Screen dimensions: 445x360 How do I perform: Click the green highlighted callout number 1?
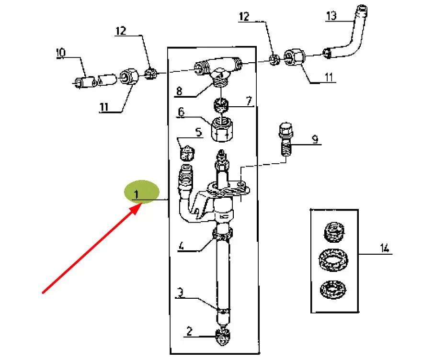click(x=137, y=195)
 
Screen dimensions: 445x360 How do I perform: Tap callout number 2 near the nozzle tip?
click(x=189, y=331)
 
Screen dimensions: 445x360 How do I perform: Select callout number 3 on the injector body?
click(x=180, y=292)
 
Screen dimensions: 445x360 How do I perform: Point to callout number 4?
click(x=181, y=245)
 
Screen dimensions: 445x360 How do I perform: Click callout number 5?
click(x=198, y=132)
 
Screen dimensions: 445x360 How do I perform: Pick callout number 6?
click(x=181, y=112)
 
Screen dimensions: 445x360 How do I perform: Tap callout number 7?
click(x=249, y=101)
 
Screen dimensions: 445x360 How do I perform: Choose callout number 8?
click(x=179, y=91)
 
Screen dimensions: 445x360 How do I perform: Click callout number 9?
click(x=315, y=139)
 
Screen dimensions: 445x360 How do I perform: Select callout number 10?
click(x=61, y=53)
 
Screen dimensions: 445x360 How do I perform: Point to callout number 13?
click(x=331, y=16)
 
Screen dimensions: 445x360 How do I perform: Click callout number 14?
click(x=384, y=248)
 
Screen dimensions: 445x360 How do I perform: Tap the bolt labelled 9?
click(x=286, y=139)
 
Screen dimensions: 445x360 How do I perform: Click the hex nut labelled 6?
click(x=223, y=129)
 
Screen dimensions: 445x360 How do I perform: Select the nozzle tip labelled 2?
click(x=224, y=337)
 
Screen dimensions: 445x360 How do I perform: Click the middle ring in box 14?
click(x=333, y=259)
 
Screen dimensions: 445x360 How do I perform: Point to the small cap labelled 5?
click(x=187, y=152)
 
